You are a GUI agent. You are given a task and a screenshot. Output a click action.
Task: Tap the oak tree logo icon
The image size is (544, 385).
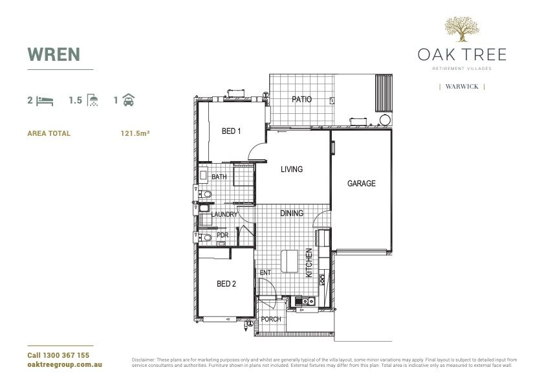[461, 29]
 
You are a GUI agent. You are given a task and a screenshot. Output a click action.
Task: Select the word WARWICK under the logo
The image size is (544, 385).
[462, 86]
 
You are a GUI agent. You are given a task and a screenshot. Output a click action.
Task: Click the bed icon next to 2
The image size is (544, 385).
[45, 100]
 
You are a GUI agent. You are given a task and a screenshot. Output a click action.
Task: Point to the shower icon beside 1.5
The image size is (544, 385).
[94, 100]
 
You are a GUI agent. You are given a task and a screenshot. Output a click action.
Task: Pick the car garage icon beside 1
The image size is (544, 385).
[129, 100]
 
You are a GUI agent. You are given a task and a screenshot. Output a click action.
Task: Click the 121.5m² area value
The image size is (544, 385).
[135, 134]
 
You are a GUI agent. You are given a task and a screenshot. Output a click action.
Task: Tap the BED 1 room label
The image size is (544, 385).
[231, 131]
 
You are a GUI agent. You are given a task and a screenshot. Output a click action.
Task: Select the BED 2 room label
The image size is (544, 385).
[226, 284]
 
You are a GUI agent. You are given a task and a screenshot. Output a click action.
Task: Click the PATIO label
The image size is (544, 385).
[301, 100]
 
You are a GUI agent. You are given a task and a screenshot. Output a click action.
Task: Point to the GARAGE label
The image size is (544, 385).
[361, 184]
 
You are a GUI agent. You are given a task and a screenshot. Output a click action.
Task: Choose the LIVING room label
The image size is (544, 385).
[291, 170]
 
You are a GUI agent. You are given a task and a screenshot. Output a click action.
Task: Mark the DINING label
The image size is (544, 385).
[292, 213]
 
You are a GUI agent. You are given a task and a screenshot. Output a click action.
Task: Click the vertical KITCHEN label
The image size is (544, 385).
[309, 263]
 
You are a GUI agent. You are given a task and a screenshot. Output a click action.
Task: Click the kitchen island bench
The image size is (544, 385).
[290, 261]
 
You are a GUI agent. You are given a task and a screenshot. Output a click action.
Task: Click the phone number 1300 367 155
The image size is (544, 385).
[58, 356]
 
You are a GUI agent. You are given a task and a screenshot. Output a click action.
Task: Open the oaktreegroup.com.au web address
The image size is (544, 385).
[65, 365]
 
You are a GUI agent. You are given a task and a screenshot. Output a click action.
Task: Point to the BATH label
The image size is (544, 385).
[219, 177]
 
